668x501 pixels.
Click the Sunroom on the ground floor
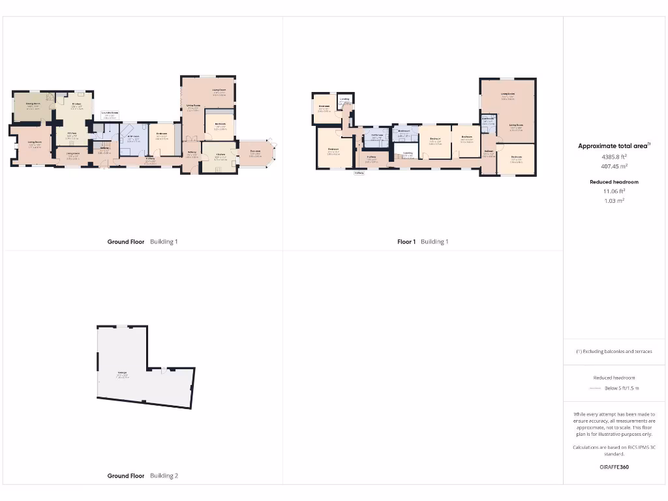pyautogui.click(x=255, y=154)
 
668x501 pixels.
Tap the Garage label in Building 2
pyautogui.click(x=122, y=374)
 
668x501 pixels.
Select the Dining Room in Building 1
pyautogui.click(x=33, y=106)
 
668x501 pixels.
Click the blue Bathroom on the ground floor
pyautogui.click(x=134, y=138)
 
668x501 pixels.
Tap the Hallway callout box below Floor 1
pyautogui.click(x=359, y=174)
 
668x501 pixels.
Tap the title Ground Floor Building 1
pyautogui.click(x=142, y=242)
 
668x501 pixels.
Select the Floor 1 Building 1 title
pyautogui.click(x=423, y=242)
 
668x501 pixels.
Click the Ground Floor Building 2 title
pyautogui.click(x=142, y=476)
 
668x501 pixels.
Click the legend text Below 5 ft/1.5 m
pyautogui.click(x=622, y=389)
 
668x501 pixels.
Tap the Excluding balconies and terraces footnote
pyautogui.click(x=614, y=352)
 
